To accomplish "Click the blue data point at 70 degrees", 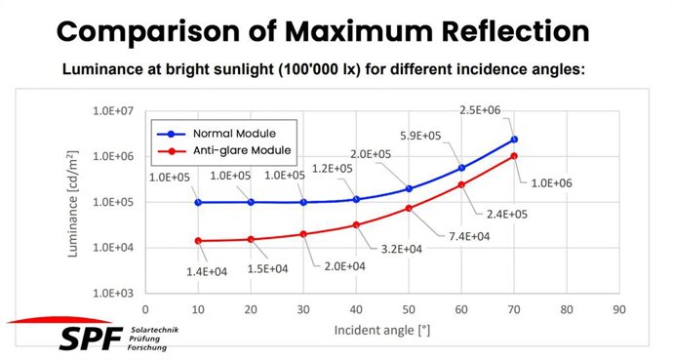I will (x=514, y=140).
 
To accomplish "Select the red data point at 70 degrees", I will (x=514, y=156).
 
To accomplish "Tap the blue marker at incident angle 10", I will (x=198, y=202).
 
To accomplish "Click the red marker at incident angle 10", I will (x=198, y=241).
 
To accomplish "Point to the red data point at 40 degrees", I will (x=356, y=225).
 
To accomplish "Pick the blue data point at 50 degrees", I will (x=409, y=188).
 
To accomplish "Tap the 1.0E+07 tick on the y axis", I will (x=114, y=111).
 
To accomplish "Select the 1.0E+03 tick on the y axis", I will (x=114, y=293).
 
